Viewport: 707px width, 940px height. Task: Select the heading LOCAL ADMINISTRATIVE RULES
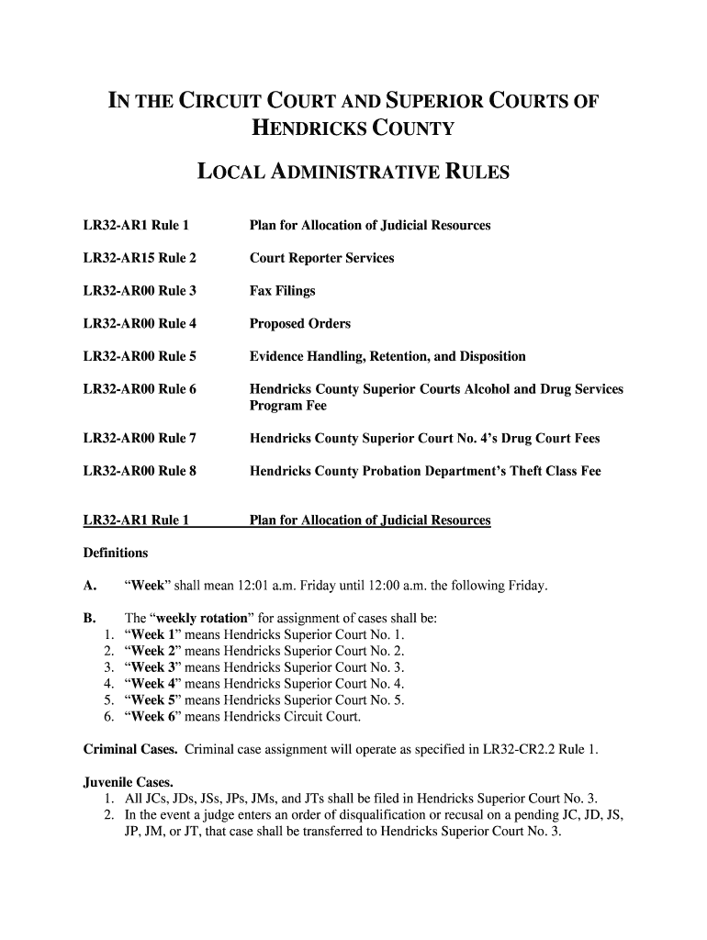[x=353, y=172]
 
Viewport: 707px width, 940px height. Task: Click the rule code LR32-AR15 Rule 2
[x=140, y=258]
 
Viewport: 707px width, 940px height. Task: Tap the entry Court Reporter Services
[x=321, y=258]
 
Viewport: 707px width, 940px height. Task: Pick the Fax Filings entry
[x=282, y=291]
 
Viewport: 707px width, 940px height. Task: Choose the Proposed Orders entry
[x=299, y=324]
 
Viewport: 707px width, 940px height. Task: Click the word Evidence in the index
[x=278, y=356]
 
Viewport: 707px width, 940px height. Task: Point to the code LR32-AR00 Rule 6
[x=140, y=389]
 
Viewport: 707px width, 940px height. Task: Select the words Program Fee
[x=287, y=406]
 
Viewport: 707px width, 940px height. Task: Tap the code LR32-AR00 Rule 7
[x=140, y=439]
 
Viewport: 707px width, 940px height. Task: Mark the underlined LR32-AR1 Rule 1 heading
[x=136, y=520]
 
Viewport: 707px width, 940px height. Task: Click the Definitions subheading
[x=115, y=554]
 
